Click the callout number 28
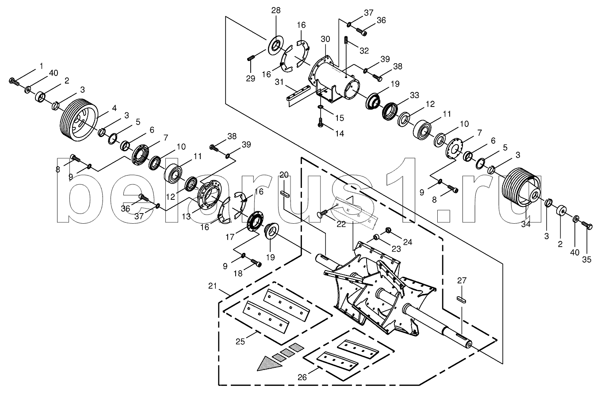(x=275, y=11)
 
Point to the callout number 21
(x=212, y=286)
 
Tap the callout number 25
(x=240, y=342)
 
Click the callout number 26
(x=302, y=377)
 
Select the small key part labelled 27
(x=462, y=300)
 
